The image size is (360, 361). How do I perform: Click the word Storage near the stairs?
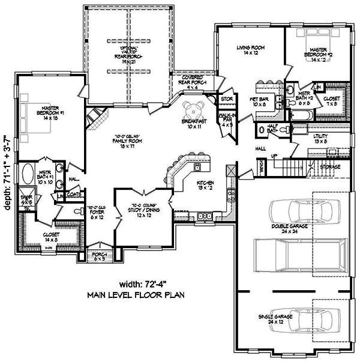click(331, 166)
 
